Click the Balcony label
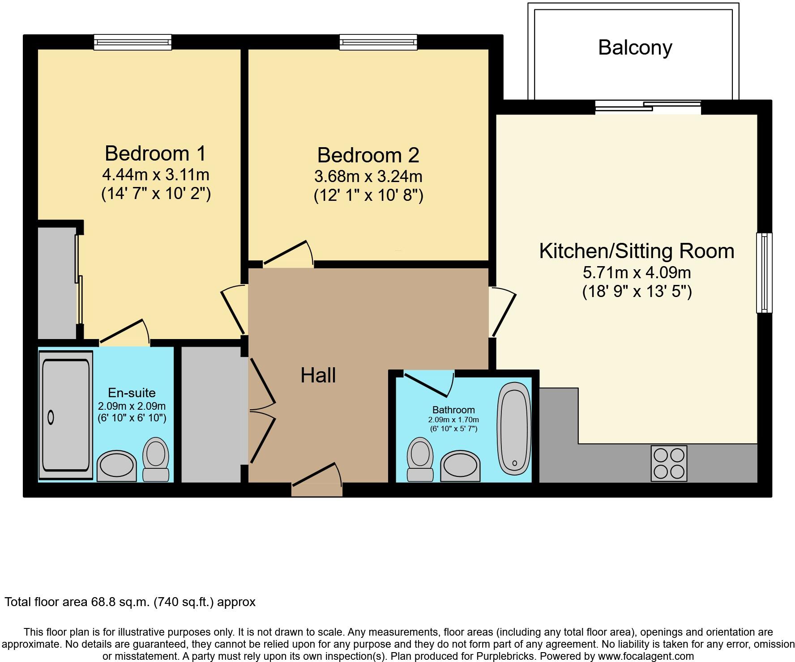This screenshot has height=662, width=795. point(635,48)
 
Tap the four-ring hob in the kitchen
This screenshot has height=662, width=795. point(669,463)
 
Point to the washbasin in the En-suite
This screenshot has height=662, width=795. point(117,466)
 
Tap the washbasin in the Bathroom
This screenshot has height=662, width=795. point(460,466)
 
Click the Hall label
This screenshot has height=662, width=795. point(318,376)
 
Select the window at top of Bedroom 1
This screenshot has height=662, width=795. point(132,42)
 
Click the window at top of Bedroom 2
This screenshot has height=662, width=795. point(378,42)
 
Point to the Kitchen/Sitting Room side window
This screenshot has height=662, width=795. point(764,273)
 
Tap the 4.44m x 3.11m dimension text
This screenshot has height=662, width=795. point(155,174)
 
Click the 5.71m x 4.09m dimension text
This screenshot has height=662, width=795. point(637,272)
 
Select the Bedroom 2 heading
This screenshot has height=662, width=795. point(368,155)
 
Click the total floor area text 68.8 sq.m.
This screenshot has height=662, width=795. point(130,602)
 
